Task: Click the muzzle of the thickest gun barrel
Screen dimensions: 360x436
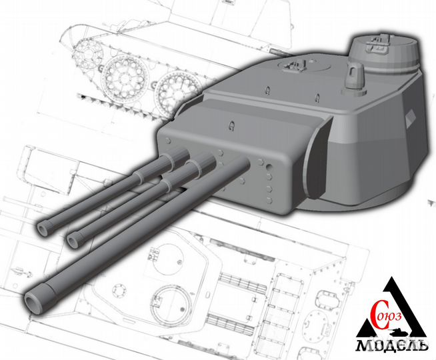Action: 33,301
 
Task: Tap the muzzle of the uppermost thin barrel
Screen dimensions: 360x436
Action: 45,228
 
